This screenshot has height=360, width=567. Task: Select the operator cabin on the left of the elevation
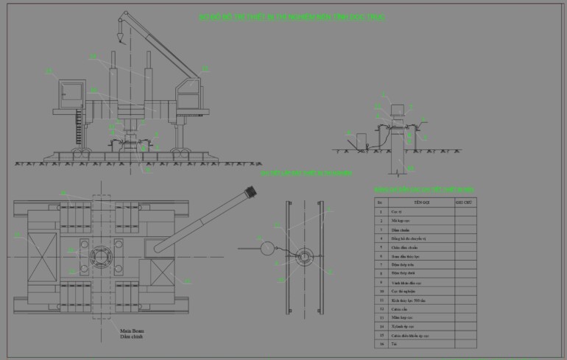[72, 93]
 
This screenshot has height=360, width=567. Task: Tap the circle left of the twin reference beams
[266, 249]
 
